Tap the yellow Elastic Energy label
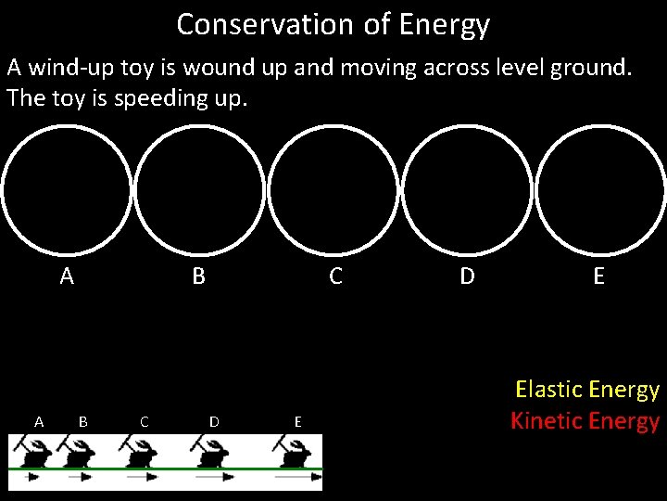[586, 390]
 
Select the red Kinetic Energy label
[585, 421]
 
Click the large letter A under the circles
[67, 276]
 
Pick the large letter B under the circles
[198, 276]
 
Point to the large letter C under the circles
[336, 276]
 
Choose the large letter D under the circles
[468, 276]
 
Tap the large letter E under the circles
[599, 276]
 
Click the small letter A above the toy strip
[39, 421]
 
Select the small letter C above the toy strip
[144, 421]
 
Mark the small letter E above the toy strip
[297, 421]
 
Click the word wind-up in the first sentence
[75, 68]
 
